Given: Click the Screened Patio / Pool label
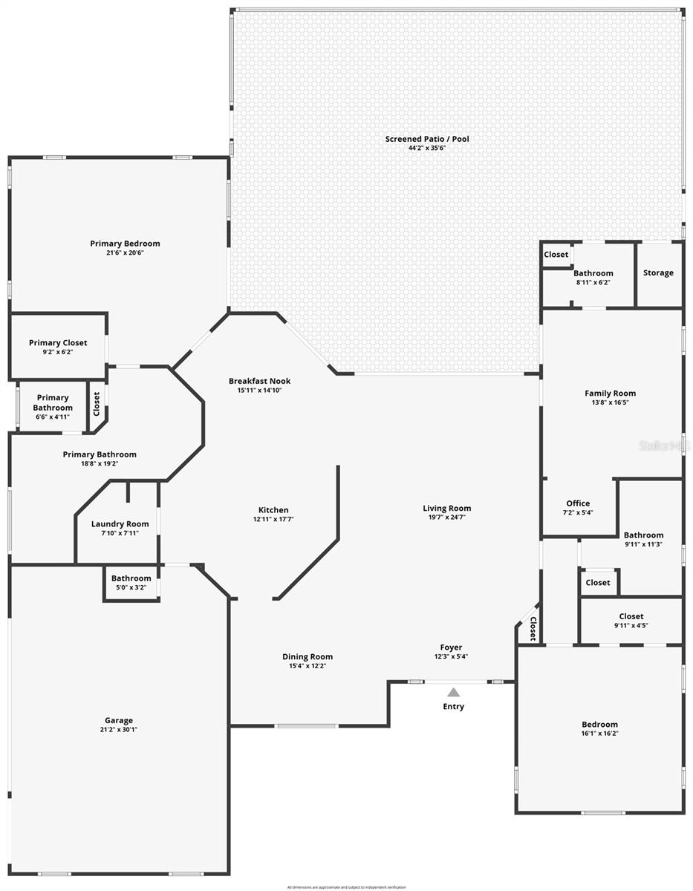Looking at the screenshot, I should coord(426,139).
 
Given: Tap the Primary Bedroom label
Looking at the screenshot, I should coord(125,244).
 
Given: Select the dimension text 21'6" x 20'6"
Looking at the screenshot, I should coord(125,253).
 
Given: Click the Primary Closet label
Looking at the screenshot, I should coord(58,343).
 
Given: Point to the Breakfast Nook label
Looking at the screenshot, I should coord(259,381).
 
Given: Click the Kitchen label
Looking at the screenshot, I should coord(273,510).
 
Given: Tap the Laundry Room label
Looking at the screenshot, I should coord(120,523).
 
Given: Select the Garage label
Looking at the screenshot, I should coord(119,720).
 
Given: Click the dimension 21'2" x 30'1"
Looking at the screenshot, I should coord(119,730).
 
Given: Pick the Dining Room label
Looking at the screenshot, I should coord(308,656).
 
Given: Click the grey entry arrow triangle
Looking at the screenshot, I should coord(453,692).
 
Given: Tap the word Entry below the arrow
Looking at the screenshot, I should coord(453,706).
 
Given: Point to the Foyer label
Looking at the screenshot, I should coord(451,647).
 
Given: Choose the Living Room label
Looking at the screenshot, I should coord(447,509).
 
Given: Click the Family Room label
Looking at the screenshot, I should coord(610,394).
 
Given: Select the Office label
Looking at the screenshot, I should coord(578,503).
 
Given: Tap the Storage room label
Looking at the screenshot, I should coord(658,273).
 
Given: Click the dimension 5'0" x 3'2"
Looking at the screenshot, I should coord(131,587).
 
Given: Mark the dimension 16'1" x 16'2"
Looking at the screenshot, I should coord(599,734).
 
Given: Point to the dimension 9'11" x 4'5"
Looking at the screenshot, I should coord(631,625).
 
